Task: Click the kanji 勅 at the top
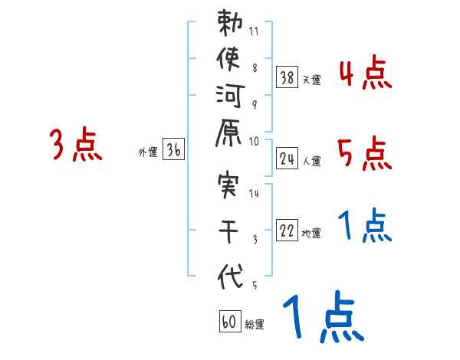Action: (230, 25)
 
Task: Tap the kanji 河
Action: (230, 96)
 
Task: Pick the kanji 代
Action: (230, 277)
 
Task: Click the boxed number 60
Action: (228, 322)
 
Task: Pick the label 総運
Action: (255, 325)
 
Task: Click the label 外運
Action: (147, 152)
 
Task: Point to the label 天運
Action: (311, 80)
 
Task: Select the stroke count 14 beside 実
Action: (254, 194)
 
